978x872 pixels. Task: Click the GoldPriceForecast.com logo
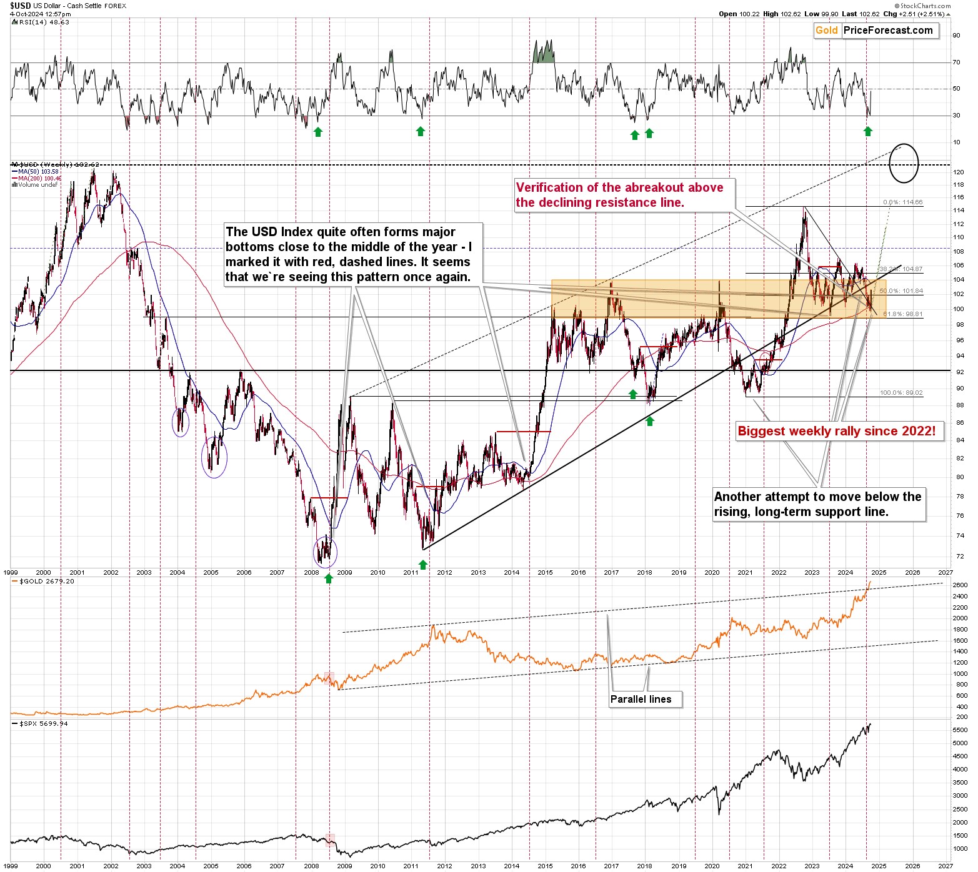click(x=876, y=31)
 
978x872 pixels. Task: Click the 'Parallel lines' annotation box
click(x=641, y=699)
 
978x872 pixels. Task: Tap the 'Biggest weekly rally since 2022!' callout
click(x=836, y=431)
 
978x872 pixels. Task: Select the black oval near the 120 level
click(x=904, y=163)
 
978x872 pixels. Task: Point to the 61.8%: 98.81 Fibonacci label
click(x=901, y=314)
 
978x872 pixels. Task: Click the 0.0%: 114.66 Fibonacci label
click(x=902, y=202)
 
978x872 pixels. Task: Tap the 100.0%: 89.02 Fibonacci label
click(x=901, y=393)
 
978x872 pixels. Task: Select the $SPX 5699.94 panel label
click(x=44, y=723)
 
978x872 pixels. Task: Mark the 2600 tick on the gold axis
click(x=961, y=585)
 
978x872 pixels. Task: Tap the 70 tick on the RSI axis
click(x=956, y=62)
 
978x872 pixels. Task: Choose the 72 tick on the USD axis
click(x=959, y=557)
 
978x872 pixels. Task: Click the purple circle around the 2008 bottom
click(x=325, y=552)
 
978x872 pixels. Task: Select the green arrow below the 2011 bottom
click(x=423, y=565)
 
